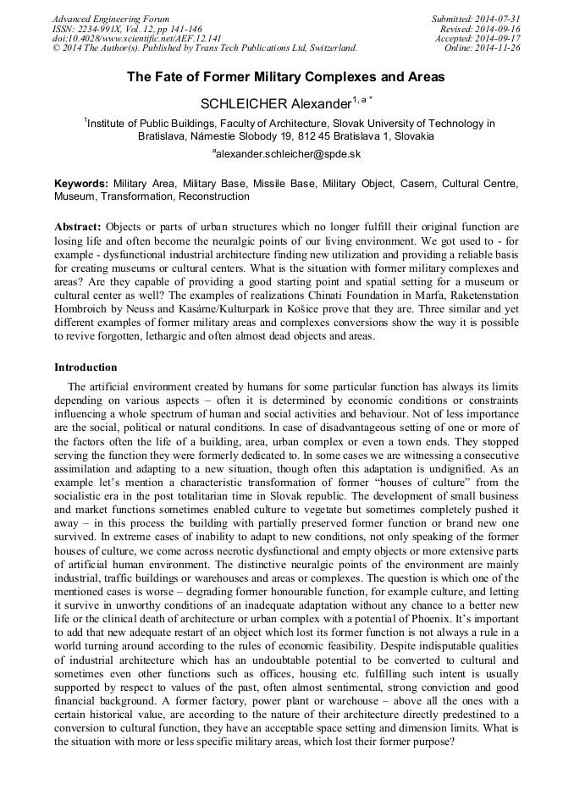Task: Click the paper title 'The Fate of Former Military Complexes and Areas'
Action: [x=286, y=77]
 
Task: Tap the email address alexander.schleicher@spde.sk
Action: [x=288, y=153]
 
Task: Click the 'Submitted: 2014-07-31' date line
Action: [x=476, y=19]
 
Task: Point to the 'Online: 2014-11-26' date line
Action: [x=483, y=48]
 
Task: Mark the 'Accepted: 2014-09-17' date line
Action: [x=477, y=39]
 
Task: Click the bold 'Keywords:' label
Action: [x=81, y=184]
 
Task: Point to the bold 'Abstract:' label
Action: [x=78, y=228]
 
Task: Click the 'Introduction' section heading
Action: [x=86, y=367]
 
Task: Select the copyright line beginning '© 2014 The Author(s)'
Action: [x=205, y=48]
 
